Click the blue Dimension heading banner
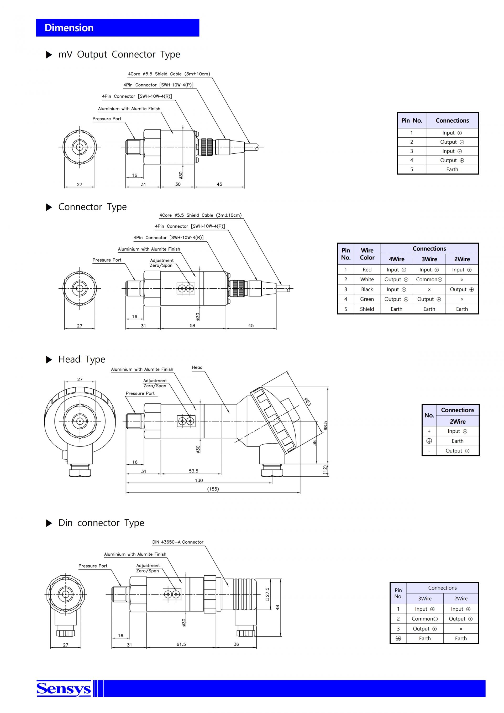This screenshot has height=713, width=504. [117, 28]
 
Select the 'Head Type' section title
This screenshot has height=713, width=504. [82, 359]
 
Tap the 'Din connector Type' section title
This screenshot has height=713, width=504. [101, 523]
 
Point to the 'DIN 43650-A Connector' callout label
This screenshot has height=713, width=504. [177, 542]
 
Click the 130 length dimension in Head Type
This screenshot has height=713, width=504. [199, 480]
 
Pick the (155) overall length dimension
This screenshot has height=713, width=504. [213, 489]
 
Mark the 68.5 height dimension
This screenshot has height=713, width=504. [325, 425]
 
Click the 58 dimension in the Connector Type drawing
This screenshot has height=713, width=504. [192, 325]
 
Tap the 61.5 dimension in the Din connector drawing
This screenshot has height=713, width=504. [181, 644]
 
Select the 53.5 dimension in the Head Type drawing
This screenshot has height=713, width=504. [193, 471]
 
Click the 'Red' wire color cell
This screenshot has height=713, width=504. [367, 269]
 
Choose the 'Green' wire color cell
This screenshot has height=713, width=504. [367, 299]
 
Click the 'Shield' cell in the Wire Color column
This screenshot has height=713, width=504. [367, 309]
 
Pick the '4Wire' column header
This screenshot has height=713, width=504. [396, 259]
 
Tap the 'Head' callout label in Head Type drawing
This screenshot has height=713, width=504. [197, 367]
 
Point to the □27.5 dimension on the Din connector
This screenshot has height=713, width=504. [267, 594]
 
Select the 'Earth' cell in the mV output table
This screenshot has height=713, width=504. [452, 169]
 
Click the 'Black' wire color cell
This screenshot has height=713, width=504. [367, 289]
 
